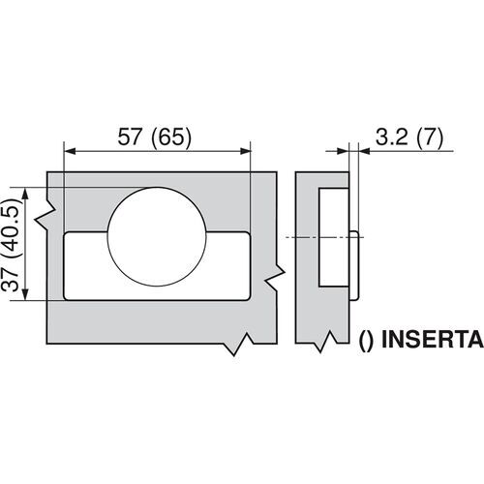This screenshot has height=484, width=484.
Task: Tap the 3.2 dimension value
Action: [x=387, y=136]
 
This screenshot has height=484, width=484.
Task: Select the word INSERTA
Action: [x=428, y=341]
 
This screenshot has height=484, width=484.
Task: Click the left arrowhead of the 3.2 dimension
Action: [x=346, y=150]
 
